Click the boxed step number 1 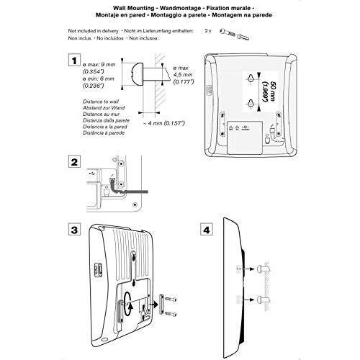74,60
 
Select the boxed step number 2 74,162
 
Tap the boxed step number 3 74,229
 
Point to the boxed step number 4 207,230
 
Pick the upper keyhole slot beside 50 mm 251,78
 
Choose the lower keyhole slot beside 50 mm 251,103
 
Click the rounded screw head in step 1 138,74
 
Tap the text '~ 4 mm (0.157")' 163,123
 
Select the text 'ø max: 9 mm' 99,65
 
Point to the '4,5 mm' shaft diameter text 183,75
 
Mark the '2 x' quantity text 208,31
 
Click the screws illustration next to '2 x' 235,34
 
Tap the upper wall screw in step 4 264,269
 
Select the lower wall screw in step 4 264,300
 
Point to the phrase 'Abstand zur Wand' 104,108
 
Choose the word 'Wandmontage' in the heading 180,8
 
